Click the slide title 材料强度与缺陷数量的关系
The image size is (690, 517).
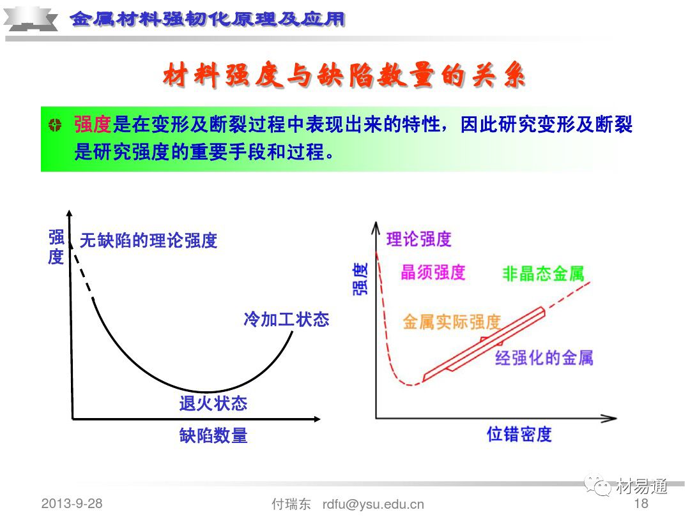click(x=344, y=76)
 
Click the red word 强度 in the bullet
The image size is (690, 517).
click(x=93, y=124)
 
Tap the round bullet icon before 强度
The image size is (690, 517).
click(x=56, y=125)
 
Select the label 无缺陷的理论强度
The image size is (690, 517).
click(x=148, y=240)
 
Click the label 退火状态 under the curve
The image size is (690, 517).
click(x=213, y=403)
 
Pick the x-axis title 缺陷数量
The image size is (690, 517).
click(x=213, y=437)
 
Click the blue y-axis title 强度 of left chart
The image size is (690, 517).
click(x=56, y=248)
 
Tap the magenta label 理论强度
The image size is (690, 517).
click(x=418, y=239)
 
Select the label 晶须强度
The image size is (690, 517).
click(x=433, y=273)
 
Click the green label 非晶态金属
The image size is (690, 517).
click(x=543, y=274)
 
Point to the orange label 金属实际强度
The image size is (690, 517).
click(x=451, y=322)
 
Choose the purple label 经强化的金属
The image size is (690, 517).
click(x=544, y=357)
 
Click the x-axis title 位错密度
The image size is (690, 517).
click(x=519, y=435)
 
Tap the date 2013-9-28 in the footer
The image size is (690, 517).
click(x=72, y=503)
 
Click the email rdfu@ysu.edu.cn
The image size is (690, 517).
click(x=373, y=504)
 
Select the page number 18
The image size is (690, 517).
click(x=640, y=503)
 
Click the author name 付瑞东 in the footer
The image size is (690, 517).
click(x=291, y=504)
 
